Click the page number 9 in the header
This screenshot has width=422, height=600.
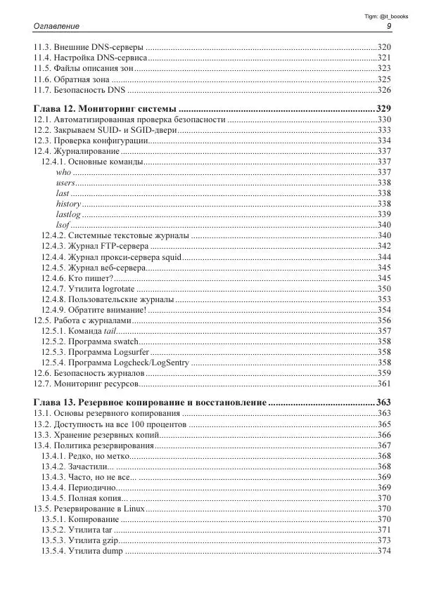tap(389, 26)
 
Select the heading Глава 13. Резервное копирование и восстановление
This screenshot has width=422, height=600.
tap(149, 403)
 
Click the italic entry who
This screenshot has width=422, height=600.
tap(63, 172)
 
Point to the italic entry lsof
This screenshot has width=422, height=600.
tap(63, 224)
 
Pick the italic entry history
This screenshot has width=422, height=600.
tap(68, 204)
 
